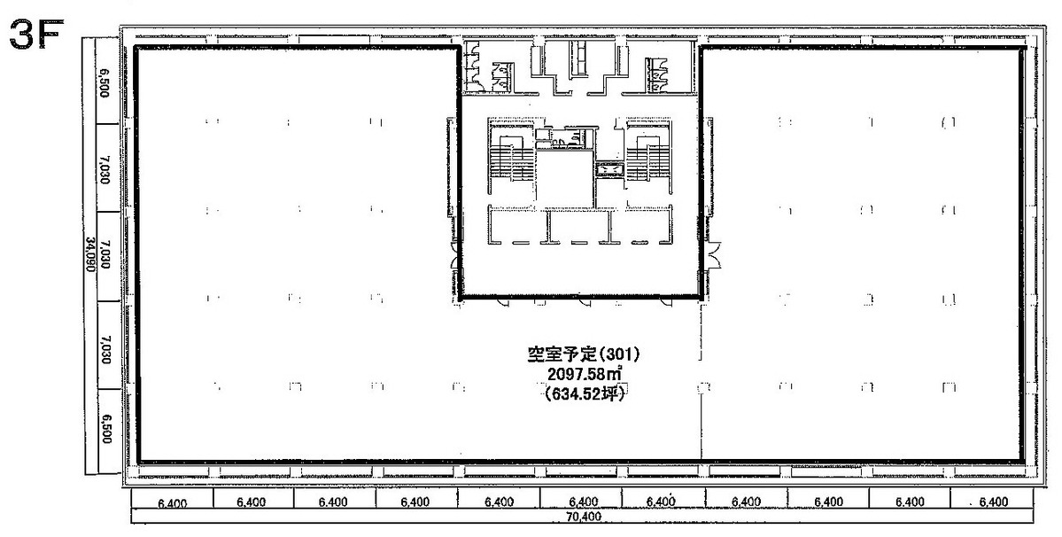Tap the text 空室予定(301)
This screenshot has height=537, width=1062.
[582, 354]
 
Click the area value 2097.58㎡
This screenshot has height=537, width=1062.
[582, 376]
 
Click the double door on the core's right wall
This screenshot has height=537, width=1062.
[714, 257]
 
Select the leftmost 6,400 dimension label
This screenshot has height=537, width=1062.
[173, 502]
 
